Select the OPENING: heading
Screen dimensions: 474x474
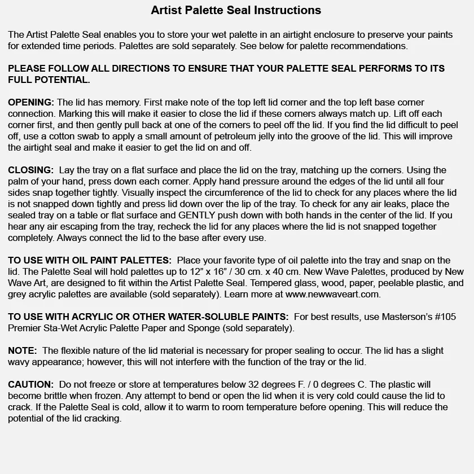coord(31,102)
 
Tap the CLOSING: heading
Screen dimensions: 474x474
coord(30,170)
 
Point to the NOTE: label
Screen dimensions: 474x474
coord(22,350)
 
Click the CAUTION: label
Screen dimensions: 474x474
coord(30,384)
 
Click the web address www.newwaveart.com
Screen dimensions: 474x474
coord(333,294)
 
